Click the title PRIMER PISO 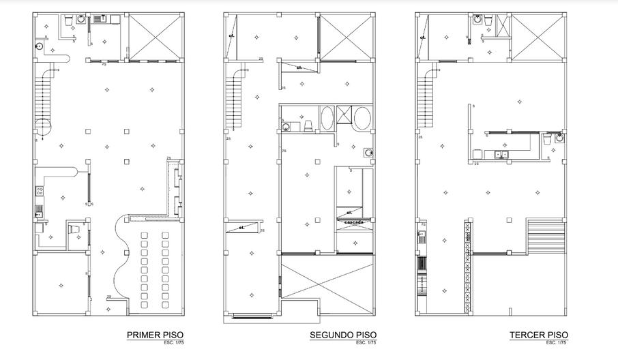pyautogui.click(x=155, y=335)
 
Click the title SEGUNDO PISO pyautogui.click(x=343, y=335)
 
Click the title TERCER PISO pyautogui.click(x=538, y=335)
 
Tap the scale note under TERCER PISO pyautogui.click(x=558, y=342)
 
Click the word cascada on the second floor pyautogui.click(x=353, y=222)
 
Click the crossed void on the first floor pyautogui.click(x=156, y=36)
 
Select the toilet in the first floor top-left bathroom pyautogui.click(x=68, y=22)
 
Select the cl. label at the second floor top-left pyautogui.click(x=232, y=35)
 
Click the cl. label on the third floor pyautogui.click(x=423, y=37)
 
